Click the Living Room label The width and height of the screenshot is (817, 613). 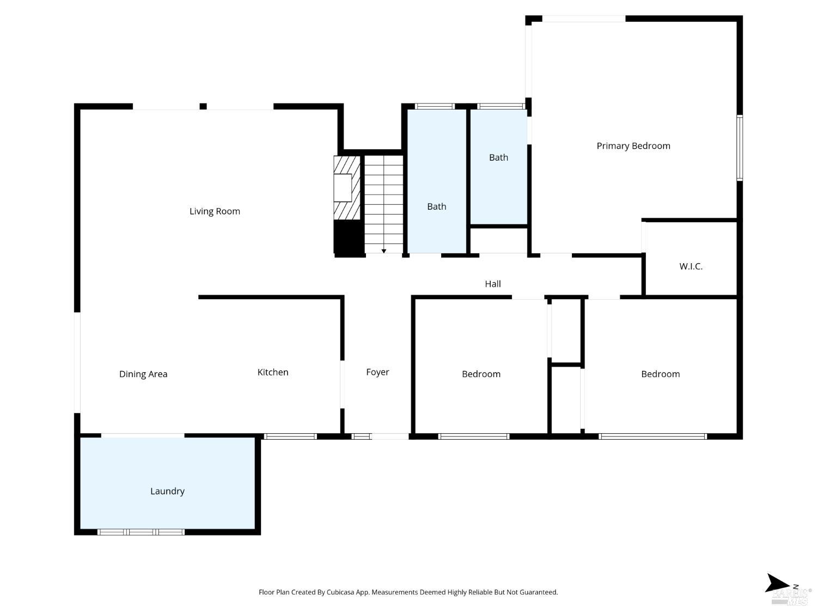pos(215,211)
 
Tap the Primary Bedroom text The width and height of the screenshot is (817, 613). pos(633,146)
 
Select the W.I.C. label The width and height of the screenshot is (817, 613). pos(691,266)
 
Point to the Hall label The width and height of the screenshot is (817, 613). pos(493,284)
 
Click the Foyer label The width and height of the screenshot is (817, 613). pos(377,372)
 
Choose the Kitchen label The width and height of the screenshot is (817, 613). pos(273,372)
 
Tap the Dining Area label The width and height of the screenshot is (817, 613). pos(143,374)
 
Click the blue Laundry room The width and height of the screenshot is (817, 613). pos(168,483)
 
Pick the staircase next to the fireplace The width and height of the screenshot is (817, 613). pos(384,204)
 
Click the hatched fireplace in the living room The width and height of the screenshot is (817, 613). pos(347,187)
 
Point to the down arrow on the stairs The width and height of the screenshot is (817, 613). pos(384,251)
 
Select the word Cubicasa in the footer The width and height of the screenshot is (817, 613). pos(340,592)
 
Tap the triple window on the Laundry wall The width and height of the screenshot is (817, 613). pos(141,532)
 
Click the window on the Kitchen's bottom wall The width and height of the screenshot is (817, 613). pos(290,436)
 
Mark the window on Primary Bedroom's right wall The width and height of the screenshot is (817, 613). pos(740,148)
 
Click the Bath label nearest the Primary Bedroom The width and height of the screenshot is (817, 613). pos(498,158)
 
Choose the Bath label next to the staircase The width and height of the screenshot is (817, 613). pos(437,207)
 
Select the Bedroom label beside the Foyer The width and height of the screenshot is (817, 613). pos(481,374)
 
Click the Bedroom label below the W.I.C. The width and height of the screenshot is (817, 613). pos(660,374)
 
